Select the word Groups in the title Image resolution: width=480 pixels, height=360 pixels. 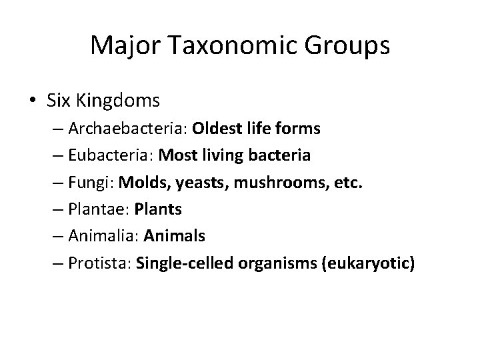347,45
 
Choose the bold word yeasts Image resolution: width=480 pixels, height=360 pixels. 195,183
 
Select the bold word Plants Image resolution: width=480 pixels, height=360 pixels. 158,209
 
